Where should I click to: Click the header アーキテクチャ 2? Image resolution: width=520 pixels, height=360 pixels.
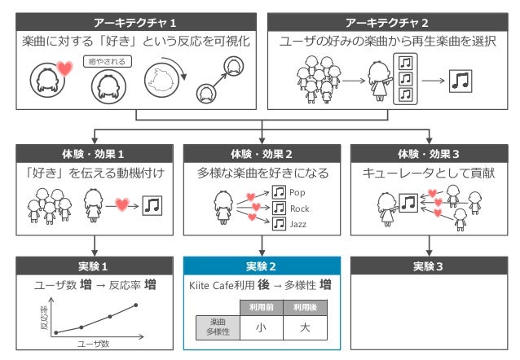pos(387,21)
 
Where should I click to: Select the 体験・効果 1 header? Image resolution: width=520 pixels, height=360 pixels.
pos(95,153)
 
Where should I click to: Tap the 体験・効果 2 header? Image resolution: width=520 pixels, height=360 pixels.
pos(262,153)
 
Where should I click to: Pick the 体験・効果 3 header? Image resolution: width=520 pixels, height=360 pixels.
pos(429,153)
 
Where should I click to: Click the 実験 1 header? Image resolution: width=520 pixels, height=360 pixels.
pos(95,266)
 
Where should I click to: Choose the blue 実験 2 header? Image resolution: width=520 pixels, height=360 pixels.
pos(262,266)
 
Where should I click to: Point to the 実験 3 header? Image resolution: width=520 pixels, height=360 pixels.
pos(429,266)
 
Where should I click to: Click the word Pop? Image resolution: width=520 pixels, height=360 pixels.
pos(297,193)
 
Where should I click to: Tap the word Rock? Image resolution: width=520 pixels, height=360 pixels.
pos(299,209)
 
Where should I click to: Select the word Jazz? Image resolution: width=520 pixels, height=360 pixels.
pos(299,223)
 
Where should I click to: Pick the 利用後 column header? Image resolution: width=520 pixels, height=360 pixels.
pos(305,306)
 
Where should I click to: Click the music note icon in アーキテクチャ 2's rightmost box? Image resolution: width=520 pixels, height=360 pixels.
pos(462,81)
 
